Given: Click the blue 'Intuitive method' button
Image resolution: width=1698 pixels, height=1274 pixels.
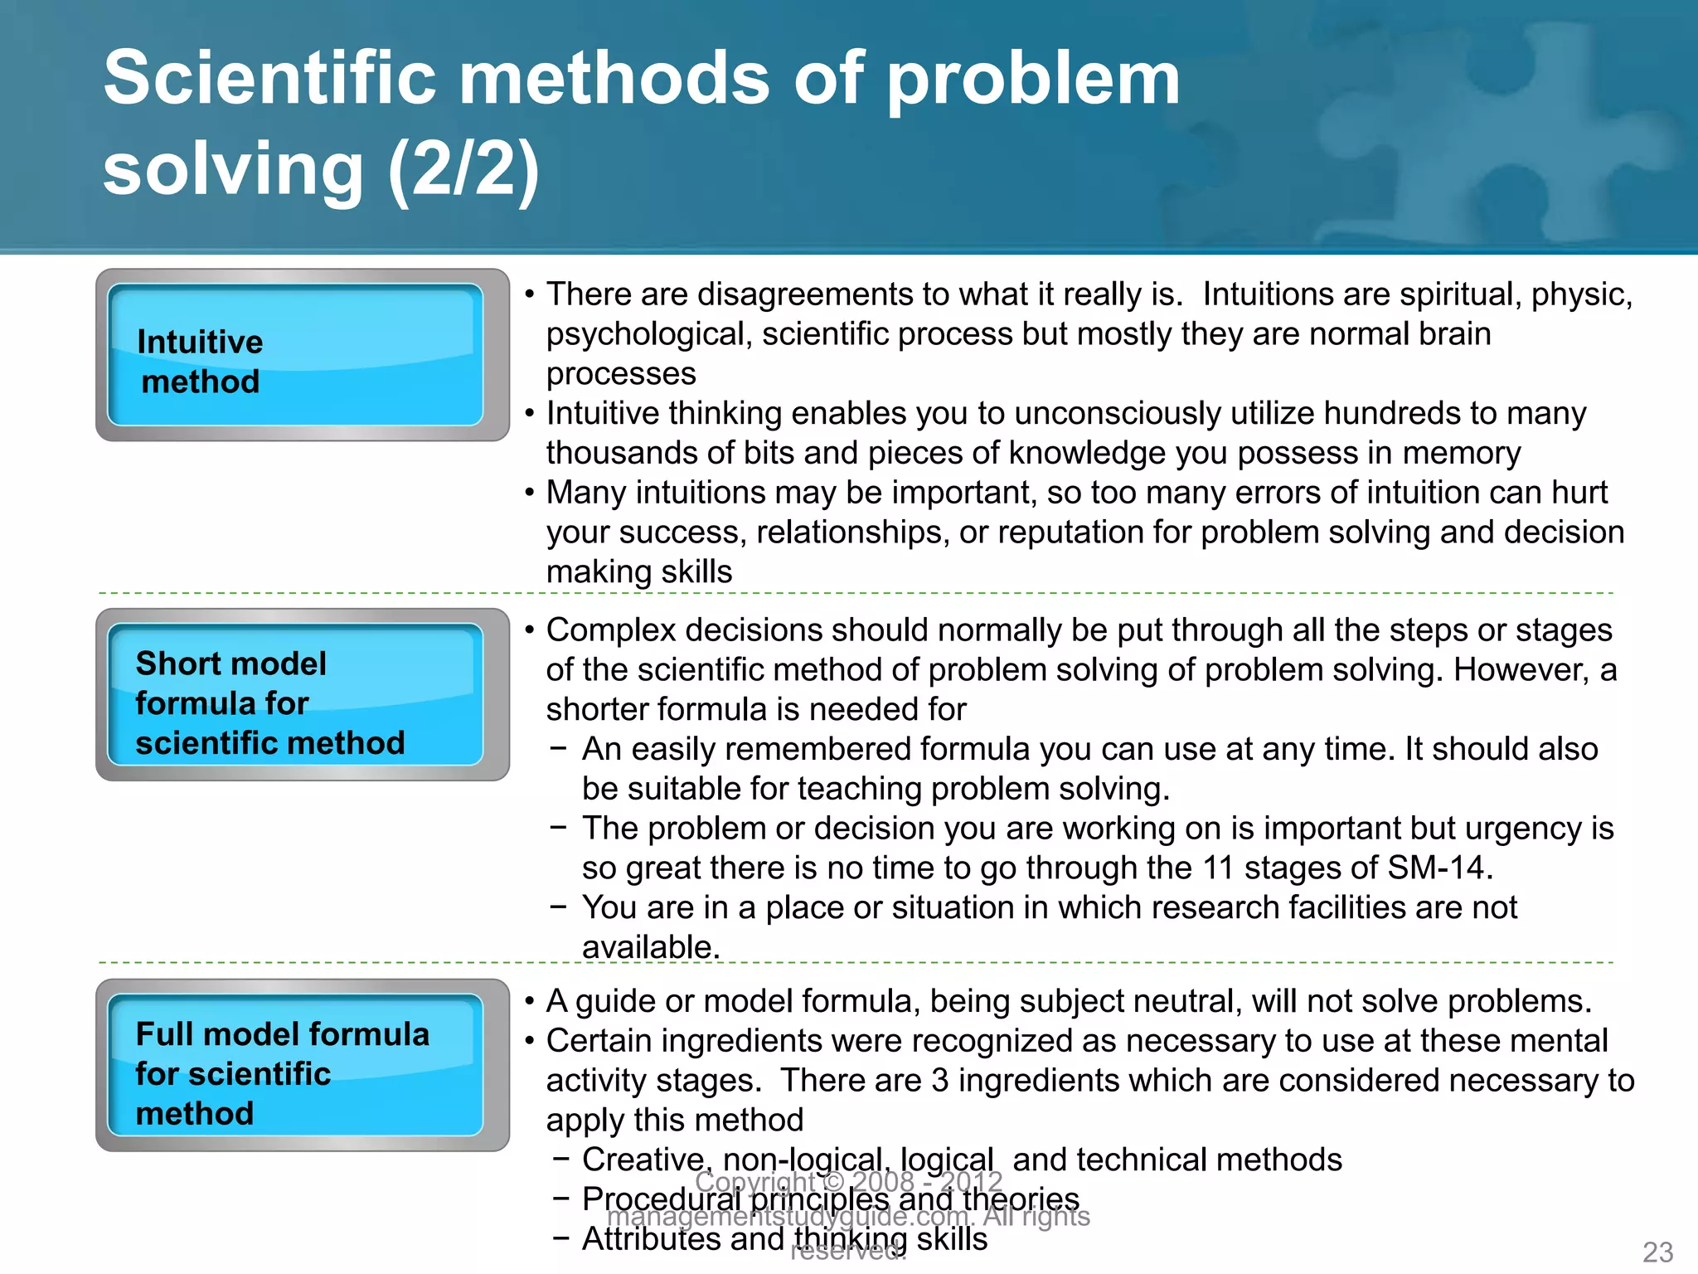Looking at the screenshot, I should coord(295,355).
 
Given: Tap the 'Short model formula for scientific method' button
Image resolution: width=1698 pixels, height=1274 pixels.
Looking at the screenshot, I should coord(295,695).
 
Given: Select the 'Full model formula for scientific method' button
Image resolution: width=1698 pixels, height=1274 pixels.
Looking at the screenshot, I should coord(295,1066).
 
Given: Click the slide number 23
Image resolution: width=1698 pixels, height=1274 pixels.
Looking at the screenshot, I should coord(1657,1252).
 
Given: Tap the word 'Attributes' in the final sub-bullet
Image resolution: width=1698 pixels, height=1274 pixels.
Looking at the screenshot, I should coord(651,1239).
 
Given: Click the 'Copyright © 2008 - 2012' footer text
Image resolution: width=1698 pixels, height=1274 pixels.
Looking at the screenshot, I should coord(848,1181).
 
